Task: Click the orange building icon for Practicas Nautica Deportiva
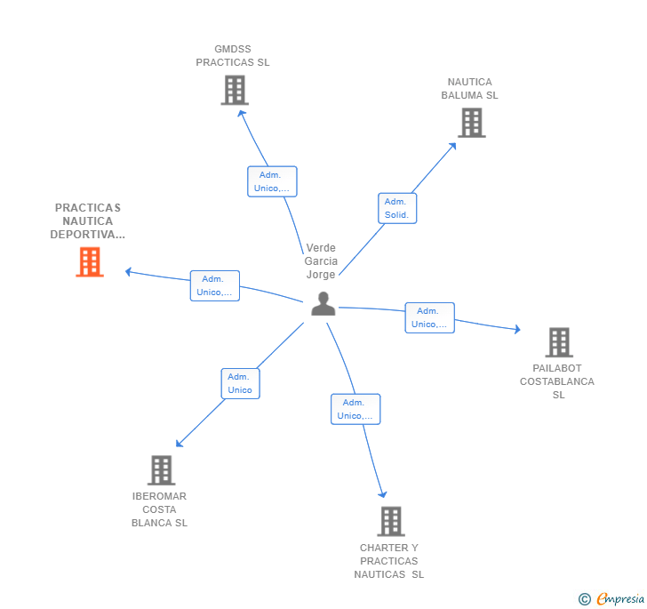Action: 90,262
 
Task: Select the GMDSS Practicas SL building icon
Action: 235,90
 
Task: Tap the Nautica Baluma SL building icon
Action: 471,123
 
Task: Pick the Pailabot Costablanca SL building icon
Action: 558,342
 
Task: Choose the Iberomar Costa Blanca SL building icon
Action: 161,470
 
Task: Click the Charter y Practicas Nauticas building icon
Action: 390,521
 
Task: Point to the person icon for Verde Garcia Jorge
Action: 323,304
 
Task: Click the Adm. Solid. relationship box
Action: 396,208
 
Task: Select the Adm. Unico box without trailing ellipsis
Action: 240,383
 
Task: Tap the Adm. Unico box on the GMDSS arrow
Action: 272,181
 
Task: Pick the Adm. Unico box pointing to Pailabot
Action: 429,317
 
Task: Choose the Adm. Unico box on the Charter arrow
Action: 355,409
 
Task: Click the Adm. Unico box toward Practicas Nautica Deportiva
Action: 214,285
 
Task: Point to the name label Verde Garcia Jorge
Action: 321,261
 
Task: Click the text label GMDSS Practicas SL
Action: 233,56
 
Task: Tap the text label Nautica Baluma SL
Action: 469,89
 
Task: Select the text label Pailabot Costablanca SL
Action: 557,381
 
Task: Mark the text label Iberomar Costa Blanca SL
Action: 159,509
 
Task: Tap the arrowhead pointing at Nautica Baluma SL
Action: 453,145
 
